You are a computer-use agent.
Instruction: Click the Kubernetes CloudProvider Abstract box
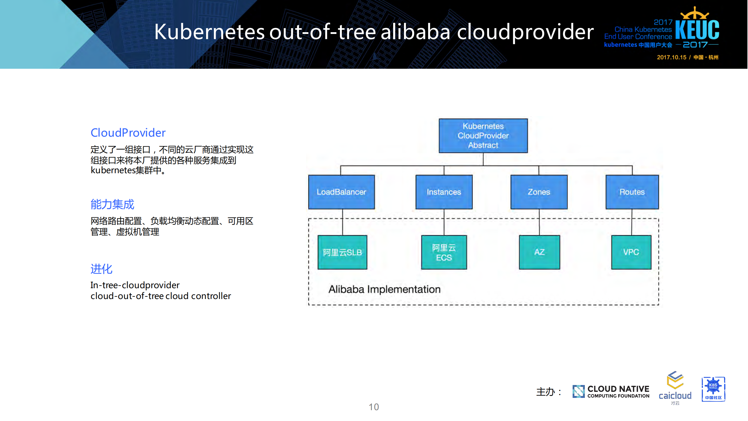(x=483, y=135)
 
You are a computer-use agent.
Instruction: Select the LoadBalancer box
(x=341, y=192)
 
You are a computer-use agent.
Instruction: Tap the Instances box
(x=443, y=192)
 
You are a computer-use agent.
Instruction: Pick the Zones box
(x=538, y=192)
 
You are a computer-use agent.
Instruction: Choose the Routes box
(x=632, y=192)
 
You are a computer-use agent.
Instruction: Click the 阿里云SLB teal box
(x=342, y=252)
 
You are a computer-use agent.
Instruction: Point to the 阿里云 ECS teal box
(x=443, y=252)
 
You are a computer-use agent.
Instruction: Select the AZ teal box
(x=539, y=252)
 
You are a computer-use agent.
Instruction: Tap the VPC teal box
(x=631, y=252)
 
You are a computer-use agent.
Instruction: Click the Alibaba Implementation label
(x=384, y=289)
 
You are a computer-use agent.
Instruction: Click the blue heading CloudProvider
(x=128, y=133)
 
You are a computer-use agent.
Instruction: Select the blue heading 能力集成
(x=112, y=204)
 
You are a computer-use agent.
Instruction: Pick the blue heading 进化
(x=101, y=269)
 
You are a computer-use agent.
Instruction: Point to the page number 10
(x=373, y=407)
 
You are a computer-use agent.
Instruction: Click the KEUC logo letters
(x=697, y=29)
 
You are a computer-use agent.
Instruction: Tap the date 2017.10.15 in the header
(x=671, y=57)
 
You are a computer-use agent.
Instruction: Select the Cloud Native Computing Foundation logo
(x=611, y=391)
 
